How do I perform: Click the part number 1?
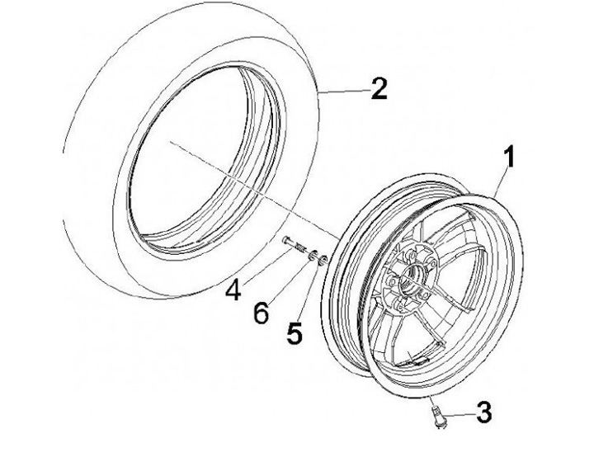510,156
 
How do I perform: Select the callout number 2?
379,89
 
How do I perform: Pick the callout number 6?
262,312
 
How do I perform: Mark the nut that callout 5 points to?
324,261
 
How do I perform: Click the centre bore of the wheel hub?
410,286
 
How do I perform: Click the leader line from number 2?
342,90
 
